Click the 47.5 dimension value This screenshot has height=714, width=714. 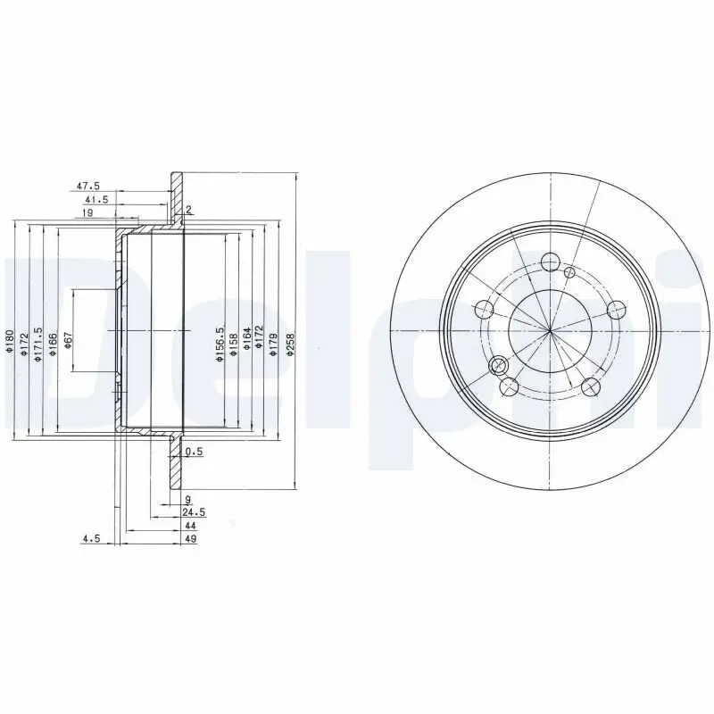(87, 187)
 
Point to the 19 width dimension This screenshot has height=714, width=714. (88, 213)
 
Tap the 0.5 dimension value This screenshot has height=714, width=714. (194, 452)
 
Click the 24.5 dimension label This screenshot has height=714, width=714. (194, 513)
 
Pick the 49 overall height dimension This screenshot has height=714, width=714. (190, 539)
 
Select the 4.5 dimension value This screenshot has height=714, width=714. (91, 539)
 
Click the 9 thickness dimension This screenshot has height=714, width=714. (188, 499)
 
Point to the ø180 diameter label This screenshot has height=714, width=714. (9, 344)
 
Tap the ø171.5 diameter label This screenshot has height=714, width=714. (37, 344)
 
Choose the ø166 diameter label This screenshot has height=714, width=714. (53, 344)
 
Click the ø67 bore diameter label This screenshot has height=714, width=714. (68, 343)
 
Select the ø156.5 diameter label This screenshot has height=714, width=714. (218, 344)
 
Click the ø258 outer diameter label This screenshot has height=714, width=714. (290, 344)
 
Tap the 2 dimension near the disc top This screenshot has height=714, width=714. (190, 210)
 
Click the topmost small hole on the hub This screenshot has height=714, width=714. (550, 262)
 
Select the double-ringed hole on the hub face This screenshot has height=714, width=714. (499, 364)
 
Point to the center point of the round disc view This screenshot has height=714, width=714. (550, 331)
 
